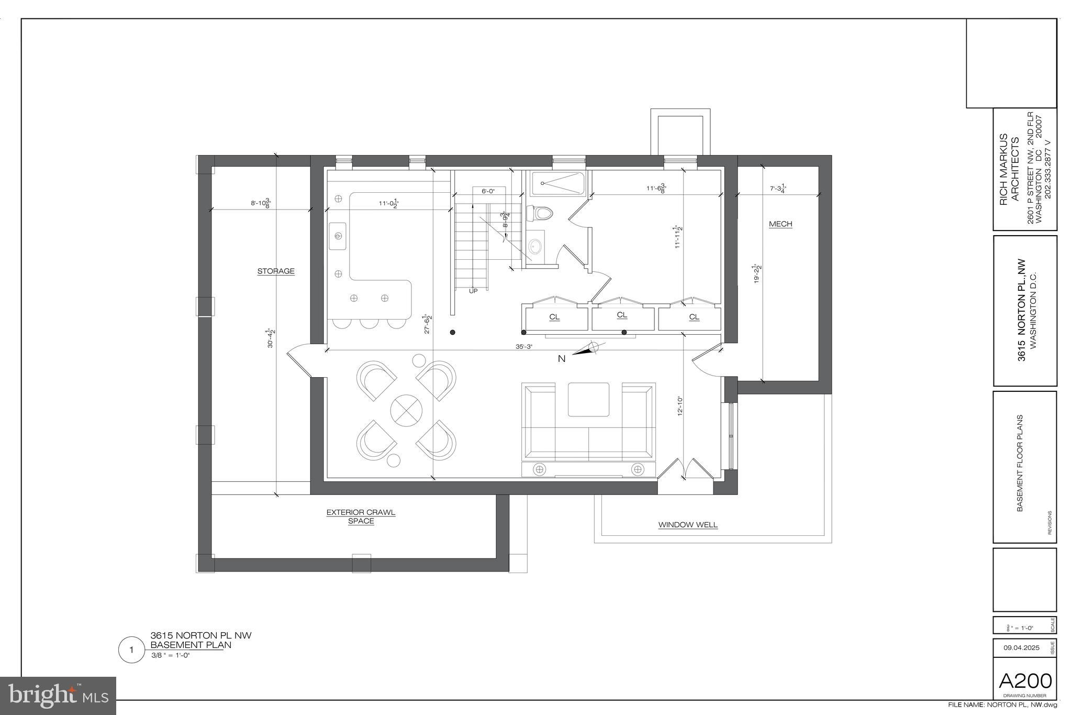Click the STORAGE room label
point(276,271)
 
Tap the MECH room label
point(780,224)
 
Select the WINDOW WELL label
point(688,525)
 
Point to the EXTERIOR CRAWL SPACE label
point(361,516)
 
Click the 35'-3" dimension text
point(523,346)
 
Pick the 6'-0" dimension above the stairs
point(488,192)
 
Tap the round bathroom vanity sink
point(535,245)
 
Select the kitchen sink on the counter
point(338,236)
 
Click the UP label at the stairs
point(473,291)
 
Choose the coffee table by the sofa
point(588,399)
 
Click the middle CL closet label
point(622,315)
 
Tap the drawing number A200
point(1025,681)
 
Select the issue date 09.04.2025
point(1021,648)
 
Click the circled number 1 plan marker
point(131,650)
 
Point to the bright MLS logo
point(58,696)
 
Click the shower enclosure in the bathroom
point(557,183)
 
